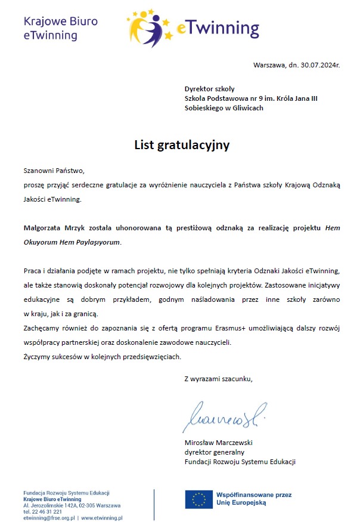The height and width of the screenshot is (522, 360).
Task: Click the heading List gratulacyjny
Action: tap(182, 144)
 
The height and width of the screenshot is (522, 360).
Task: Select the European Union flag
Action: tap(198, 499)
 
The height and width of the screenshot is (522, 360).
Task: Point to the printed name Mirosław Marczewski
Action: tap(219, 443)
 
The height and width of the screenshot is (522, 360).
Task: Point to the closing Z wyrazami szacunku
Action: tap(219, 378)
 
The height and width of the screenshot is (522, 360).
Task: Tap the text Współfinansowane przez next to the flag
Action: tap(254, 495)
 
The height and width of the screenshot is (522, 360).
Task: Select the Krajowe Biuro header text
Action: tap(60, 22)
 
